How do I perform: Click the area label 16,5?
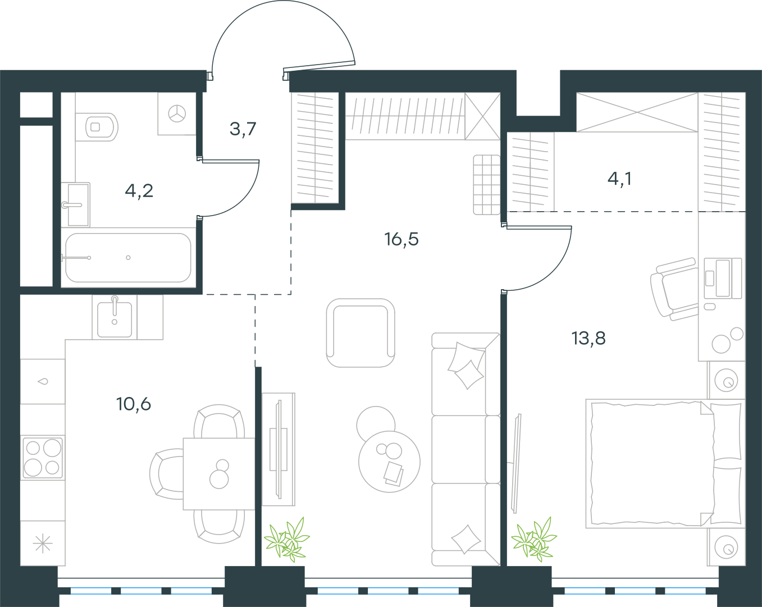tap(401, 239)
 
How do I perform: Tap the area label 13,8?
tap(588, 338)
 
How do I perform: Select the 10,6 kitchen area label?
tap(134, 404)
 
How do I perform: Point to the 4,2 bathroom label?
tap(139, 191)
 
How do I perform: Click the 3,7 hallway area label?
tap(243, 129)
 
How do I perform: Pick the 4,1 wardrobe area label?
tap(620, 179)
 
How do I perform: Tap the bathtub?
tap(128, 258)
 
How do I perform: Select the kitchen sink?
tap(115, 317)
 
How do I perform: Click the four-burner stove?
tap(43, 457)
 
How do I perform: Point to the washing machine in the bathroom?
tap(177, 113)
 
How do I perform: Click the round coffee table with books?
tap(390, 462)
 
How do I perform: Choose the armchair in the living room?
tap(361, 333)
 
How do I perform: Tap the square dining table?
tap(219, 474)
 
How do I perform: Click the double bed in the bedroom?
tap(665, 464)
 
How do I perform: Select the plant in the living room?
tap(286, 540)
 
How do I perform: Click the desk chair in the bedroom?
tap(674, 289)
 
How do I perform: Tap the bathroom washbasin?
tap(75, 205)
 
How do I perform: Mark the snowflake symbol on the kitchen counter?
tap(43, 543)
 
